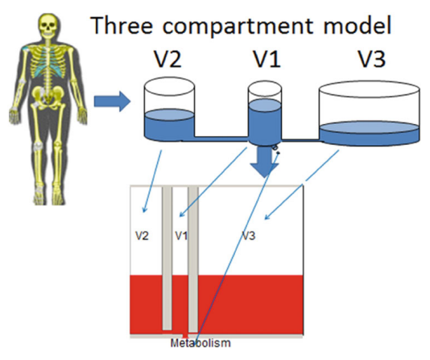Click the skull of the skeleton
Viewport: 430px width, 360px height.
click(48, 26)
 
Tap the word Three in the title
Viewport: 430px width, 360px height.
click(122, 25)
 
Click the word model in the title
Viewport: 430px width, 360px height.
click(358, 25)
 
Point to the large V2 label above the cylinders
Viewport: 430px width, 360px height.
click(167, 60)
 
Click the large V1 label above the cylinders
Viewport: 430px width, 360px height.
click(267, 60)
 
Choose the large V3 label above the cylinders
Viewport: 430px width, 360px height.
click(372, 60)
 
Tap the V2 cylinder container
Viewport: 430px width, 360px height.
click(169, 109)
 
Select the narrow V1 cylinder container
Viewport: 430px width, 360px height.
click(265, 113)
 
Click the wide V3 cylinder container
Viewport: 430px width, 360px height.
click(369, 113)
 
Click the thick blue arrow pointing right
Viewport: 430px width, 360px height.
click(112, 101)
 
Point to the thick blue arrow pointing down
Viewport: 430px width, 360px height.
click(264, 162)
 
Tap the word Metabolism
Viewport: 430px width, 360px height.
click(201, 343)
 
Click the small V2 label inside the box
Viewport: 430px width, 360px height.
click(142, 236)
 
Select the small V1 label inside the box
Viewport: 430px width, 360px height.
click(181, 236)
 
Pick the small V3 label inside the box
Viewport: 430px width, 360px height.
click(249, 236)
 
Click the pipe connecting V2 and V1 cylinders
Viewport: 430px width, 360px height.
click(221, 139)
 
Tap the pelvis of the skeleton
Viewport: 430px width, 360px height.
click(48, 94)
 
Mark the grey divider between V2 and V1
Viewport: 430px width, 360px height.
click(167, 259)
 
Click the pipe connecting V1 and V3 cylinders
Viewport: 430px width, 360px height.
click(300, 141)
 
